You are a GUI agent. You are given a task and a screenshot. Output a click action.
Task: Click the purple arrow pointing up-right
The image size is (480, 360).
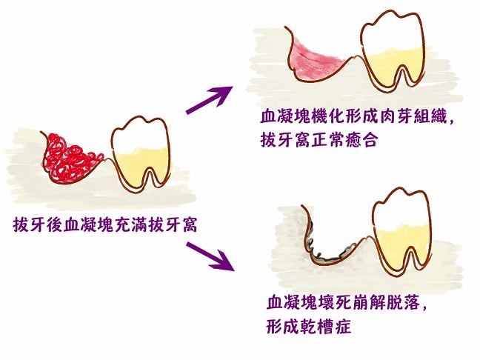pos(210,100)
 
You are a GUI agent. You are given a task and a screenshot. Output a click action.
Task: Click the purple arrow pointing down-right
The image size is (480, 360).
pos(210,256)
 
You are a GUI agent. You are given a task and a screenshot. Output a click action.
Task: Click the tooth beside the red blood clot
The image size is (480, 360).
pos(140,152)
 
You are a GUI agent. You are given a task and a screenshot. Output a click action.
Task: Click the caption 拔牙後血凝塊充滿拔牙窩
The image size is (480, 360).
pos(105,225)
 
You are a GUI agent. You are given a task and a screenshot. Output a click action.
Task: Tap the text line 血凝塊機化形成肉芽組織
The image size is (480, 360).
pos(356,117)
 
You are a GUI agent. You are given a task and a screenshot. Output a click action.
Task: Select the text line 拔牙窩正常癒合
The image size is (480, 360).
pos(319,141)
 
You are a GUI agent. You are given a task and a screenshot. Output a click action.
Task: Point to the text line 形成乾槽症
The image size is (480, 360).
pos(308,327)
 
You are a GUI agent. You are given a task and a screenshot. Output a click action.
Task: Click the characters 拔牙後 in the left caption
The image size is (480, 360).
pos(39,225)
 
